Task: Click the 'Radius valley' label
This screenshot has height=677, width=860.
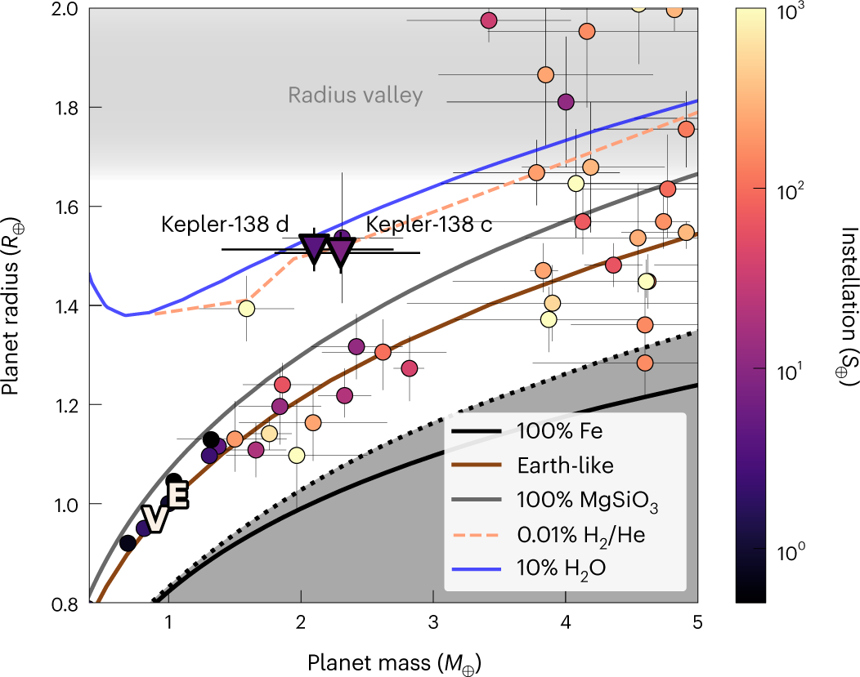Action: (x=356, y=96)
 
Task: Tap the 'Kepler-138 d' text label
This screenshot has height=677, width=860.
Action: (x=225, y=224)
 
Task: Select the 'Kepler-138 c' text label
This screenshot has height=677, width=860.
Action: (x=429, y=224)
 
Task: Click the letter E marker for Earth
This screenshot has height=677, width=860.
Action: (x=178, y=495)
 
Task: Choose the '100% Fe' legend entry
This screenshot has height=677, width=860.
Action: (x=527, y=431)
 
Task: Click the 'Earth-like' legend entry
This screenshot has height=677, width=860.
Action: (x=532, y=465)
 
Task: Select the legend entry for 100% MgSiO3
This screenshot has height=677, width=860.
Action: (x=555, y=500)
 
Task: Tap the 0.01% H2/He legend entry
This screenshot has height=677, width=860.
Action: (x=549, y=535)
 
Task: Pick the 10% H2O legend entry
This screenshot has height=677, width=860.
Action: (x=529, y=568)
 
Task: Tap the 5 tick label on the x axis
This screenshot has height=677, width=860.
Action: (x=697, y=622)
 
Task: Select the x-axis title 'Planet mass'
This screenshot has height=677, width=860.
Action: (x=370, y=663)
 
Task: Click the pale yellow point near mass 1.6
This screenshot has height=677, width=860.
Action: (x=247, y=309)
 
